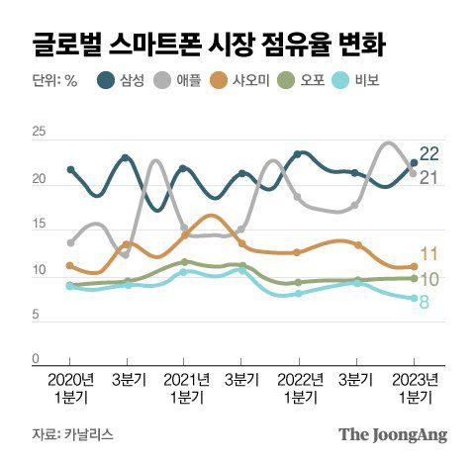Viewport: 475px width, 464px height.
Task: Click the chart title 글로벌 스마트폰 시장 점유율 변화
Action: (x=209, y=45)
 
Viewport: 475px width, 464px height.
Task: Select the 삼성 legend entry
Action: (x=122, y=81)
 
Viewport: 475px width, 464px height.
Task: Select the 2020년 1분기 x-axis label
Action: (x=70, y=387)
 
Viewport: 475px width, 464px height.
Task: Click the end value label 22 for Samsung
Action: (x=429, y=153)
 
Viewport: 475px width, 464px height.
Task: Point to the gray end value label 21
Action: (x=429, y=178)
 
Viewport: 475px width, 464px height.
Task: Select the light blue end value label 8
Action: (x=425, y=301)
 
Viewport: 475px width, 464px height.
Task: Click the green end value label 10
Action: (x=429, y=280)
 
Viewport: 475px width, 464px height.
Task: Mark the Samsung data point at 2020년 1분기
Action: (x=70, y=169)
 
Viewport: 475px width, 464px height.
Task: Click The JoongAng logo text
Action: (x=393, y=433)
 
